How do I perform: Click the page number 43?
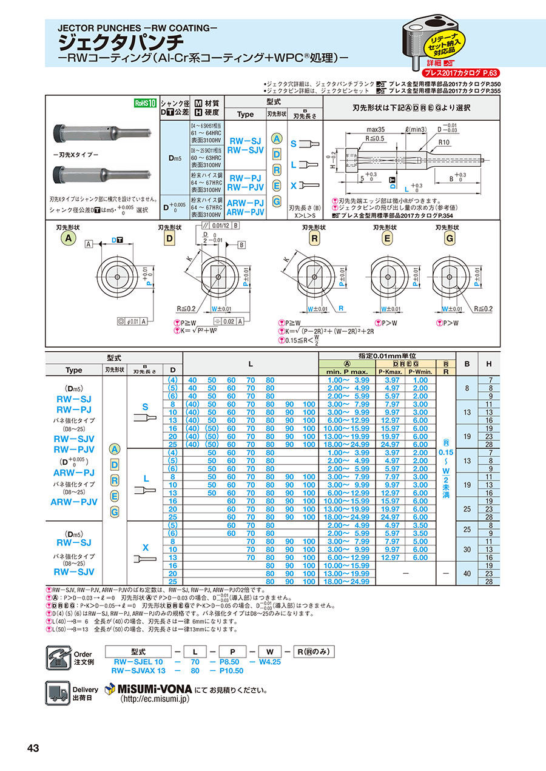pos(33,748)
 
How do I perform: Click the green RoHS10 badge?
pos(145,103)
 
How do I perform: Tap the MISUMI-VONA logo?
pos(149,690)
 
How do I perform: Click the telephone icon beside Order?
pos(58,658)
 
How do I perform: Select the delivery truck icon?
pos(58,692)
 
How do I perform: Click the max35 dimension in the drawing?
pos(377,130)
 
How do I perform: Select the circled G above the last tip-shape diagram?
pos(449,239)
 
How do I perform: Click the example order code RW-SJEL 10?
pos(137,662)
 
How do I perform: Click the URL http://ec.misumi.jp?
pos(155,699)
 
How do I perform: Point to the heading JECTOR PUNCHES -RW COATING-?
pos(137,28)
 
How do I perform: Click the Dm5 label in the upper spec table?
pos(174,158)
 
